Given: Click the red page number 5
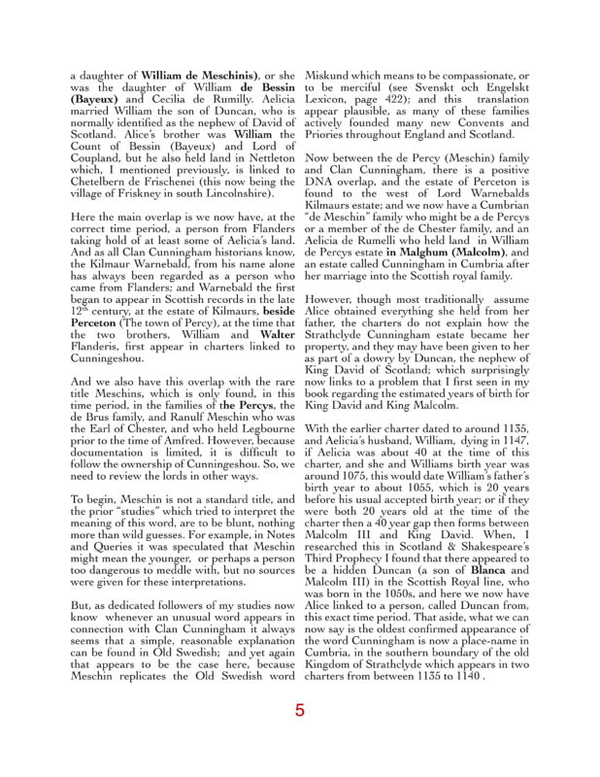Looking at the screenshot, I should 300,710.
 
